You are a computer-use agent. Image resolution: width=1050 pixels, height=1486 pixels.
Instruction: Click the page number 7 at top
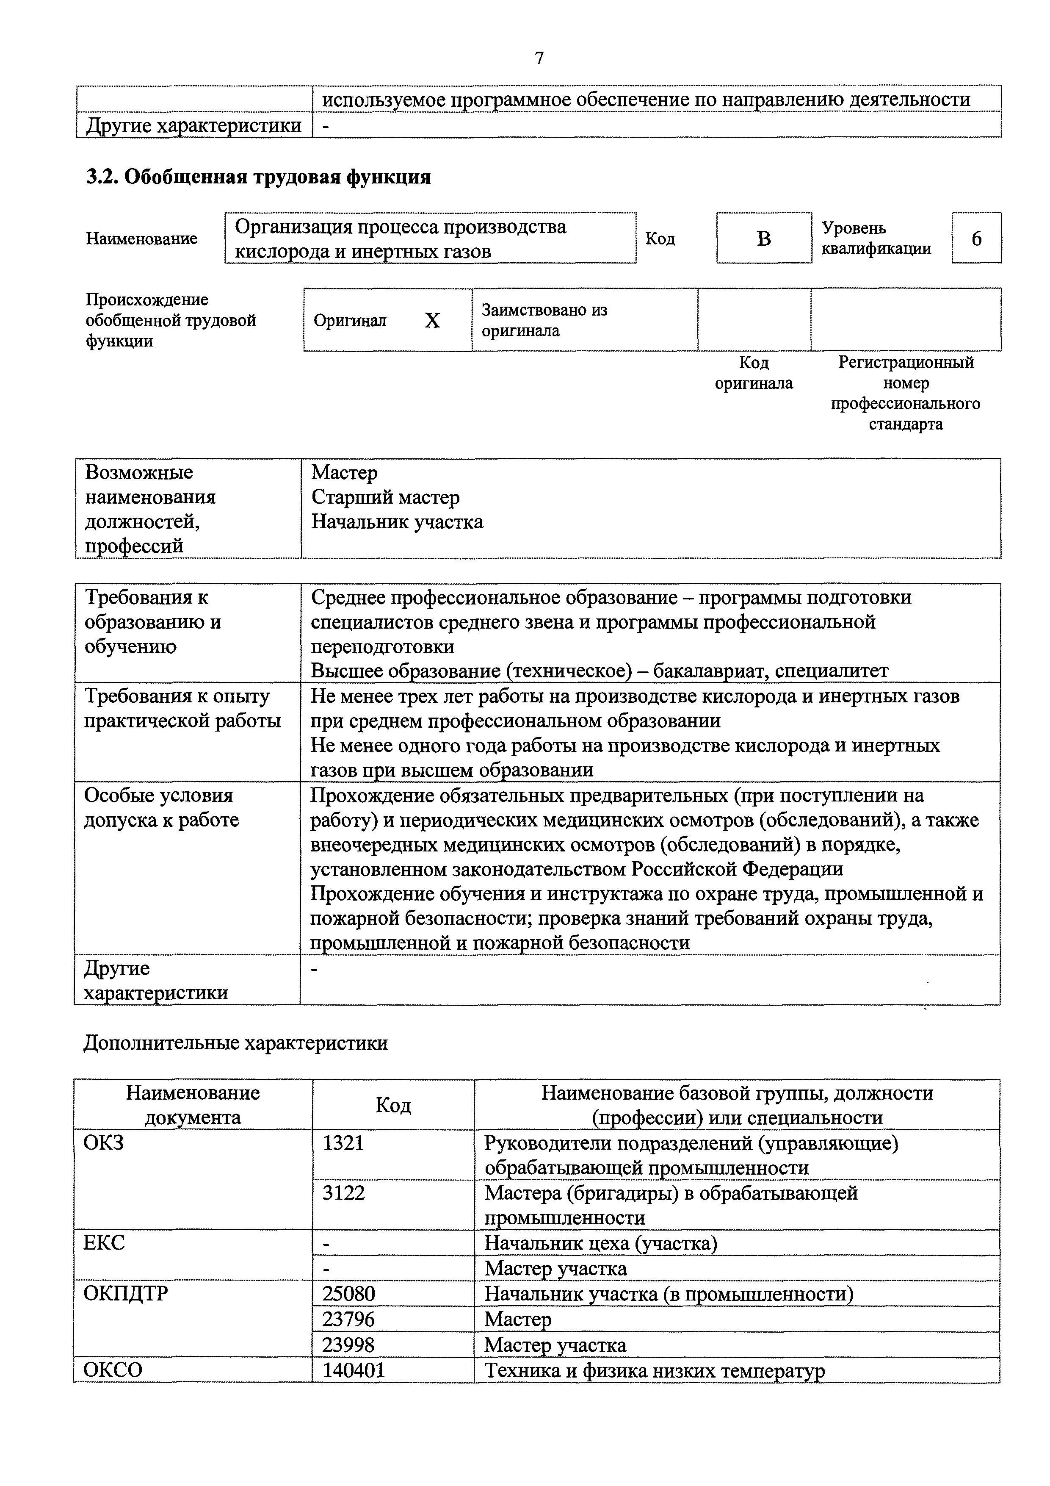tap(539, 59)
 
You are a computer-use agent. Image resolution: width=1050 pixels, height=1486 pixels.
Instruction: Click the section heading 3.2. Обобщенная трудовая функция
tap(258, 177)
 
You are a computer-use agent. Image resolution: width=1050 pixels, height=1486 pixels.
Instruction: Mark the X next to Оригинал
tap(432, 320)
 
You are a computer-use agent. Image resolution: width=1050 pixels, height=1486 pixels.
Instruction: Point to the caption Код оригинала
tap(753, 373)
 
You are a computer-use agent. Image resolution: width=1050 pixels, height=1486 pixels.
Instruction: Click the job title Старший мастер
tap(386, 497)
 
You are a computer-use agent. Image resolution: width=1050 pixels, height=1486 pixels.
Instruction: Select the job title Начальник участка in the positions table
tap(397, 521)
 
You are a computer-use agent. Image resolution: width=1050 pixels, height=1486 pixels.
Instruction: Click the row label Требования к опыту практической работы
tap(182, 708)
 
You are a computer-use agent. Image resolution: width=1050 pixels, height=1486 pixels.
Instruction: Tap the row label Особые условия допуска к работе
tap(162, 807)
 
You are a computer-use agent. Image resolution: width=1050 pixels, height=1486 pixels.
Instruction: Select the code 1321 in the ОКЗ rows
tap(343, 1143)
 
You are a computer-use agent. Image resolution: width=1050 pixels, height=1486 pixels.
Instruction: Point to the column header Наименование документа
tap(193, 1105)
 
